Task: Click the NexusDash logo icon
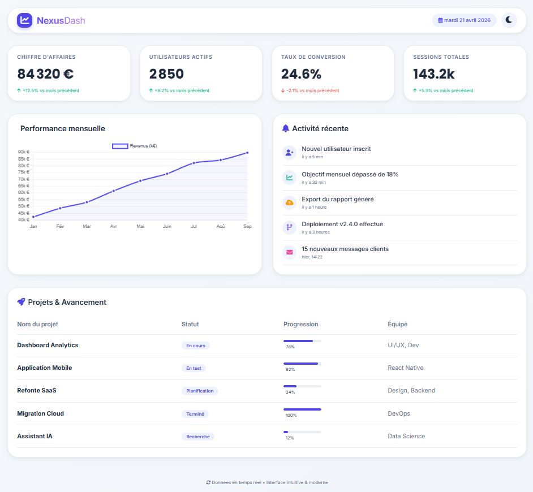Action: [x=24, y=20]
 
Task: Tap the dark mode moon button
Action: [x=509, y=20]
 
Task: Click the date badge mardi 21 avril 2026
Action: [x=464, y=20]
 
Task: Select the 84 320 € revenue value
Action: [x=46, y=74]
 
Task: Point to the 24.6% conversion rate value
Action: [x=301, y=74]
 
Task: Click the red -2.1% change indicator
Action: [x=310, y=90]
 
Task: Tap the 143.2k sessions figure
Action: [x=434, y=74]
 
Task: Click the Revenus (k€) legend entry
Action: [x=135, y=146]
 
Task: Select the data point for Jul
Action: [x=194, y=163]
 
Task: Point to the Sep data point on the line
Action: [x=247, y=153]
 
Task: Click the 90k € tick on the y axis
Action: [x=24, y=152]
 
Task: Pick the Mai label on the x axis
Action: [x=140, y=226]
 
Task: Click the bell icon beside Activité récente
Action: [x=286, y=128]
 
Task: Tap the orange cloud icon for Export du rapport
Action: [x=289, y=202]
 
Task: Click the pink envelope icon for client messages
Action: [x=289, y=252]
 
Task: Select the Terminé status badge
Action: [x=195, y=414]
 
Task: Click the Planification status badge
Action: [x=200, y=391]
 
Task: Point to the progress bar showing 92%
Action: [x=302, y=364]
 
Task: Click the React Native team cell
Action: [x=406, y=368]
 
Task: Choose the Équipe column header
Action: [x=397, y=324]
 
